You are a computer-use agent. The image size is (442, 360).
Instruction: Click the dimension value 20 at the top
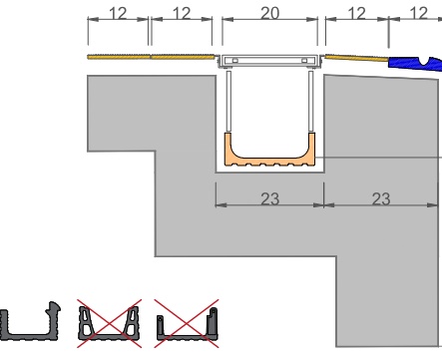pos(269,14)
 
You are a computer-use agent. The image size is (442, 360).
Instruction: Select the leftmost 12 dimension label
pos(118,14)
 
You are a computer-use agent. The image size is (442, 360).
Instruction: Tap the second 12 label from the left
pos(182,14)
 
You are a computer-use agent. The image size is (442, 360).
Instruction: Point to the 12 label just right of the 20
pos(356,14)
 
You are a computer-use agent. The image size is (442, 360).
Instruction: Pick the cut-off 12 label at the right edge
pos(419,14)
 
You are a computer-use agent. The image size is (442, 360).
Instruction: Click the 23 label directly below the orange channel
pos(269,198)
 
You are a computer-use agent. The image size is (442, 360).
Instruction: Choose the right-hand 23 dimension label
pos(381,198)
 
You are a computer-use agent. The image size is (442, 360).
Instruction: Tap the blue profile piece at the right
pos(416,63)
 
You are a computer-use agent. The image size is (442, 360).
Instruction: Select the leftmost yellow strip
pos(119,57)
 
